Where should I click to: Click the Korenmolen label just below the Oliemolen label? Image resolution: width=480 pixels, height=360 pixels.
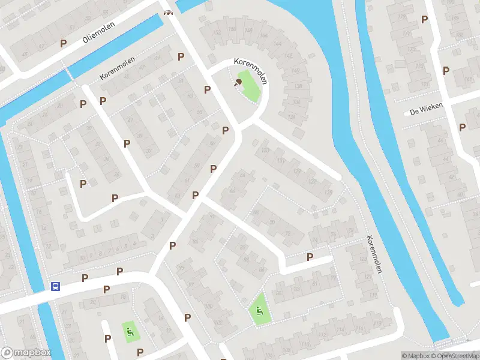(118, 70)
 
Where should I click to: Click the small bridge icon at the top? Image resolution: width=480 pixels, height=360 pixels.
(168, 13)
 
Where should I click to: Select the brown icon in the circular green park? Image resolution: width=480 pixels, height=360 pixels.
(238, 83)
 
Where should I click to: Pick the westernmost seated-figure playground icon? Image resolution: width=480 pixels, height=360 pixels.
(128, 329)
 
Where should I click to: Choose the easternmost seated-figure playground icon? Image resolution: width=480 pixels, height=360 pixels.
(259, 310)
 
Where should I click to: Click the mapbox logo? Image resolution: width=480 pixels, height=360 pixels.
(26, 353)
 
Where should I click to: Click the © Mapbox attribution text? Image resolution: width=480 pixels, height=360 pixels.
(416, 356)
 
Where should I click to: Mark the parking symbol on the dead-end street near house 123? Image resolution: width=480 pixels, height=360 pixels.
(310, 257)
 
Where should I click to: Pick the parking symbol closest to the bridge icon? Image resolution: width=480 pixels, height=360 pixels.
(181, 56)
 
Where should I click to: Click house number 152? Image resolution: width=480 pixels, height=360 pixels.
(216, 32)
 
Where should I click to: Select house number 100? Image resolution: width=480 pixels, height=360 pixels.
(208, 307)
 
